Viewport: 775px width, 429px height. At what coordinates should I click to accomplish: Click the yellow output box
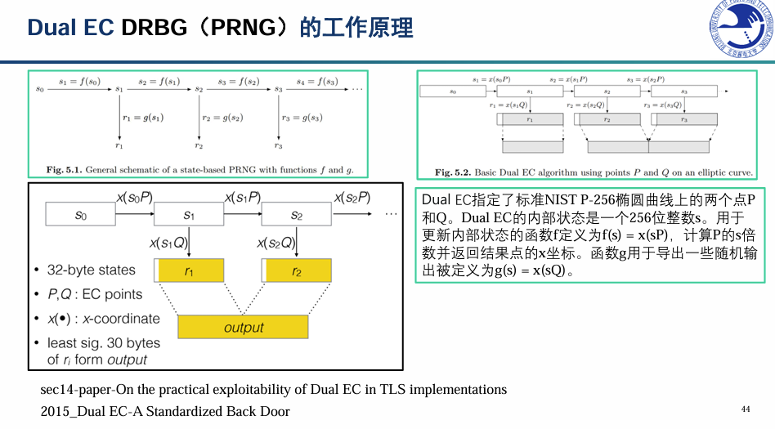243,327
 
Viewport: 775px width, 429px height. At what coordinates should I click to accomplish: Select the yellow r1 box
190,271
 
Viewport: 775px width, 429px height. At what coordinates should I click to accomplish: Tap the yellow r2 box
296,271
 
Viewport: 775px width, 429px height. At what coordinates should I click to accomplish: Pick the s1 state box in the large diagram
189,215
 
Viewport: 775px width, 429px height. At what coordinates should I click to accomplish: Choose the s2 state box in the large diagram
296,215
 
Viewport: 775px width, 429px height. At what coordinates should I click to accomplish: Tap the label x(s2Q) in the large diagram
276,243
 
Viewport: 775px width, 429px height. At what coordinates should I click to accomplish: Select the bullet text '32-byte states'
92,270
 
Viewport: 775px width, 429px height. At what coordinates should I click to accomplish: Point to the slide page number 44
745,409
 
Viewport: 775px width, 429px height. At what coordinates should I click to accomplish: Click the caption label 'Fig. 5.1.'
65,170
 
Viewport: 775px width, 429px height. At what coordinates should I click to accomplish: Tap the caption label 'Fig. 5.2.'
454,172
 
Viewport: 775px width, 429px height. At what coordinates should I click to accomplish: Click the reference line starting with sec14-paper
273,390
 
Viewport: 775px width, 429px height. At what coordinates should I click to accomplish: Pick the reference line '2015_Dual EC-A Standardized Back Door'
165,411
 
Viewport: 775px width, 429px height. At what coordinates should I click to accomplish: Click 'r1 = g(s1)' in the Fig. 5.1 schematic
143,118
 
